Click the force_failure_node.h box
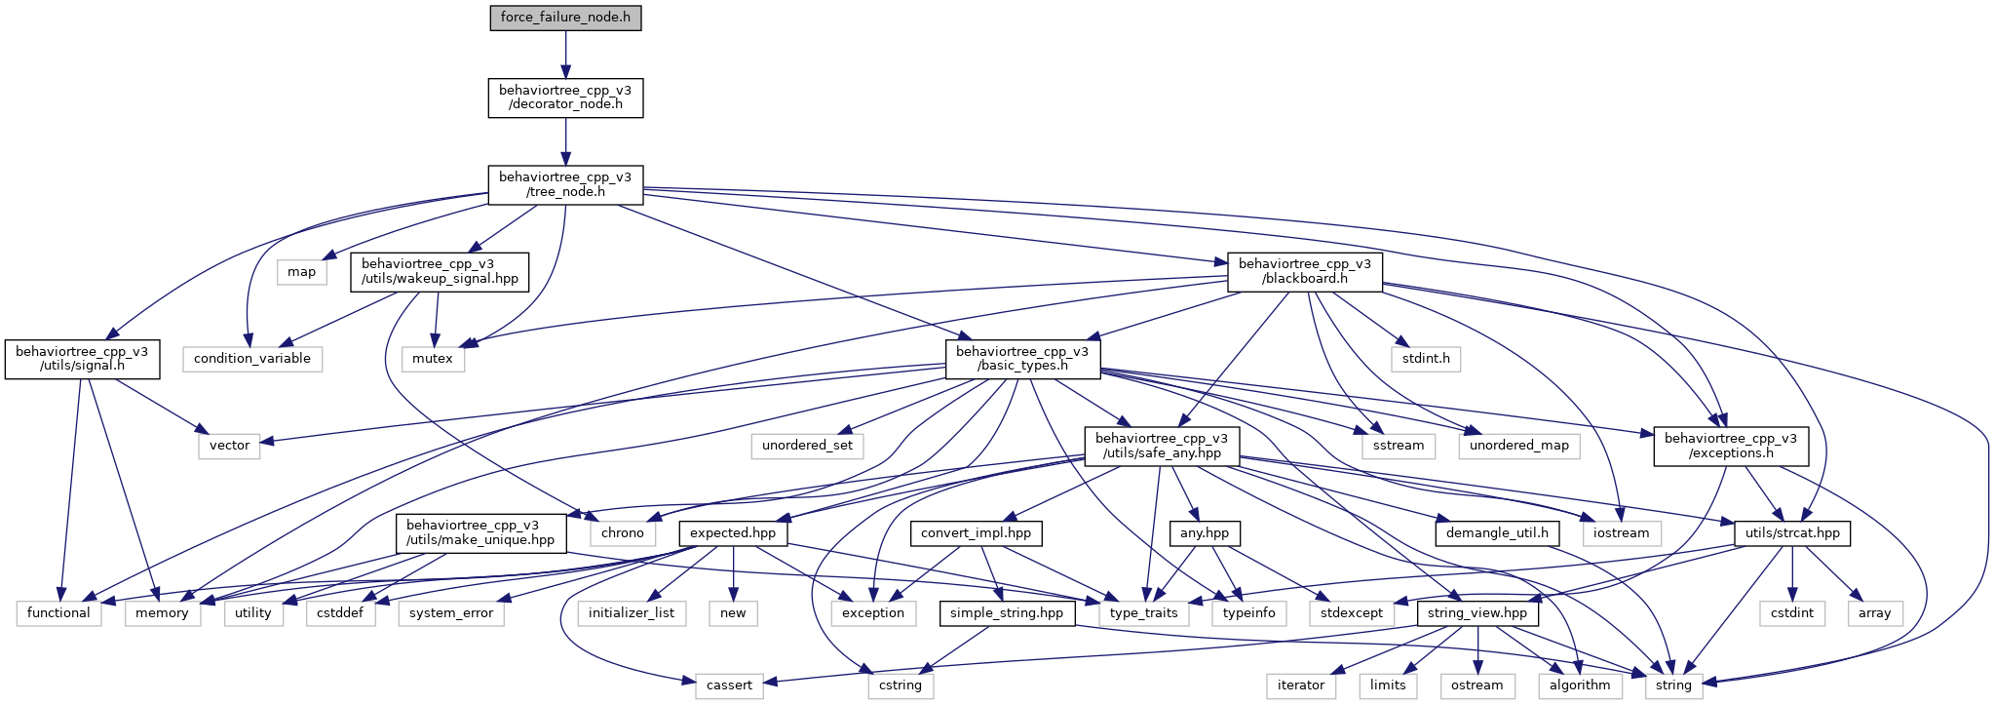(565, 18)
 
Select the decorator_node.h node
(565, 98)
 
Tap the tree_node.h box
(565, 184)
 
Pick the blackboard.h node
(1304, 271)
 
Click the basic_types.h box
(1022, 359)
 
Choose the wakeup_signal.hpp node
(440, 271)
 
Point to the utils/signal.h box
(82, 359)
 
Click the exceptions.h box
(1731, 446)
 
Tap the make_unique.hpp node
(480, 532)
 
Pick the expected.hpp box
(733, 533)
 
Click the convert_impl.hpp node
(976, 533)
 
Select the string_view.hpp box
(1476, 613)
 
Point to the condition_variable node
(251, 359)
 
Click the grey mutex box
(433, 359)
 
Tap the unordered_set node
(807, 446)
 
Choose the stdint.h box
(1426, 359)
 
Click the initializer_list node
(632, 613)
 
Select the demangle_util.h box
(1497, 533)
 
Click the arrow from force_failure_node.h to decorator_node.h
(565, 55)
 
